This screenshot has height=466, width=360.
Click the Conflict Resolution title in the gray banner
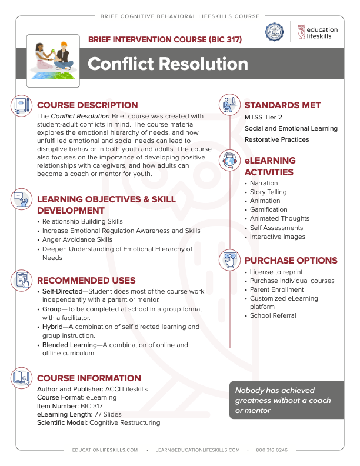point(168,64)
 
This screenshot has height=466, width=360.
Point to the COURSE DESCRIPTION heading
point(87,105)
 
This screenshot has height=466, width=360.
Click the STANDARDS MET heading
point(282,105)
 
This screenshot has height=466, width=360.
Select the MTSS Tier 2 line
point(264,117)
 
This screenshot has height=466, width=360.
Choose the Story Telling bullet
point(268,192)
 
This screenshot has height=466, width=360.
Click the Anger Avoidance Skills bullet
point(77,240)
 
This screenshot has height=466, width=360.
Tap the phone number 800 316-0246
point(272,450)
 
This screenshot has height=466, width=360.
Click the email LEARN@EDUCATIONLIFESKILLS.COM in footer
point(198,450)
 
